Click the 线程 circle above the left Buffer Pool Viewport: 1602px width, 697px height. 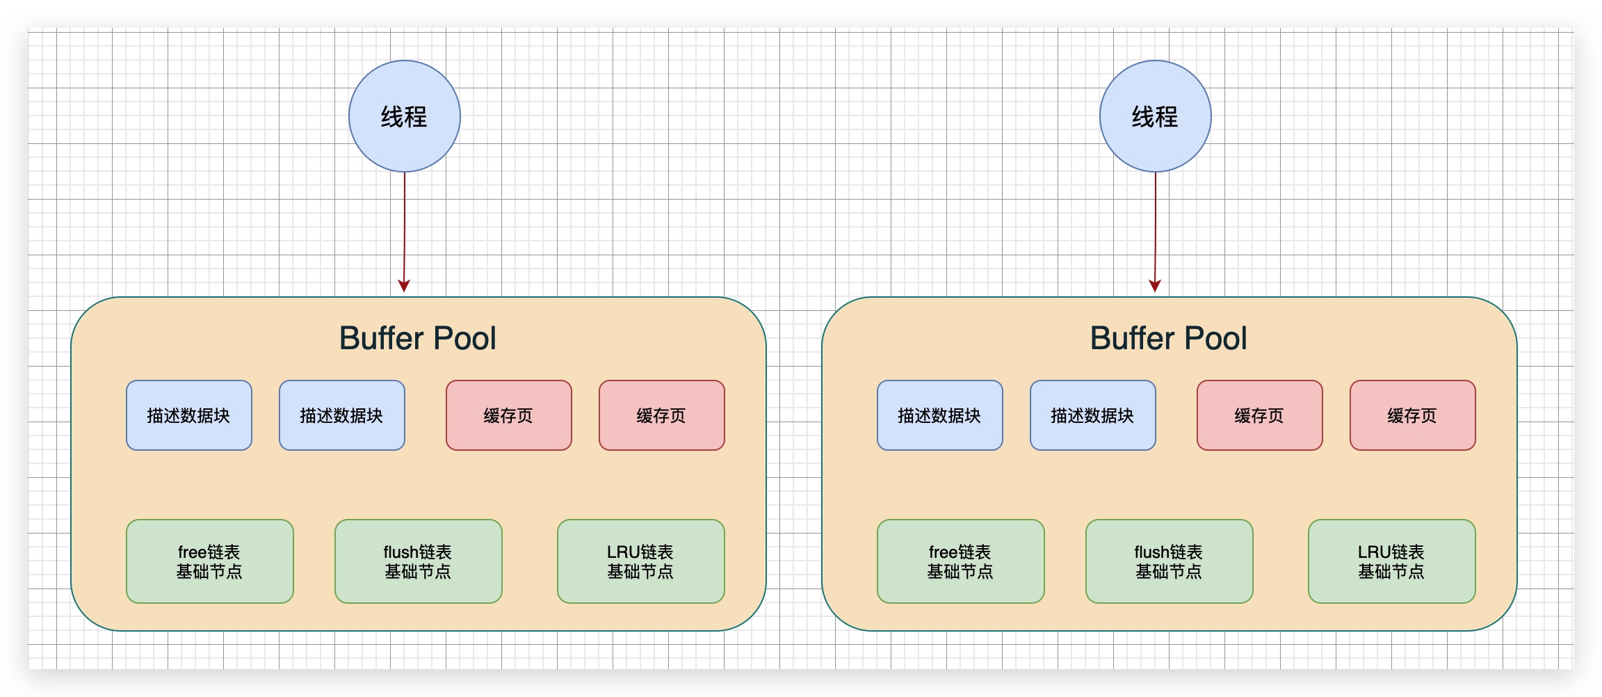click(x=404, y=116)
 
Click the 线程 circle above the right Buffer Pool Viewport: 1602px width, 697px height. click(x=1155, y=116)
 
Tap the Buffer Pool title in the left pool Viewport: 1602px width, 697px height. click(x=417, y=339)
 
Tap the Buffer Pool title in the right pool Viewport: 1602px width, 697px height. click(x=1168, y=339)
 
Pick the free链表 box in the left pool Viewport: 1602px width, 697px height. click(x=209, y=561)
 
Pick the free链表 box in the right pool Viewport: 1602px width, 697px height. click(x=960, y=561)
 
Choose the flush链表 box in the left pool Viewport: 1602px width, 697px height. click(x=418, y=561)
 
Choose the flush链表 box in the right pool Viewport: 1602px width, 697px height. click(x=1169, y=561)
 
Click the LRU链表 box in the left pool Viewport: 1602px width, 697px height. click(x=640, y=561)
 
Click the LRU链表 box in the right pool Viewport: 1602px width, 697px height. click(x=1391, y=561)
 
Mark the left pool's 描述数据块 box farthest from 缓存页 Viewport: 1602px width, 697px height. click(x=188, y=415)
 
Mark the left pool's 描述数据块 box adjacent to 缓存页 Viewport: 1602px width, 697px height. click(x=341, y=415)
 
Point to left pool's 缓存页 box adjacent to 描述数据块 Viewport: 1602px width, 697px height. click(x=508, y=415)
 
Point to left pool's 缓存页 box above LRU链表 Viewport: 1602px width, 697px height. click(x=661, y=415)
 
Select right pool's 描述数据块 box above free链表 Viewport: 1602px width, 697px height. click(x=939, y=415)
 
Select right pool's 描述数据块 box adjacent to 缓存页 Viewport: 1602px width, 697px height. click(x=1092, y=415)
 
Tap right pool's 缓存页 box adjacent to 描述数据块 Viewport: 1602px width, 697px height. click(x=1259, y=415)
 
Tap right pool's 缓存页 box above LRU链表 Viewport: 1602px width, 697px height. click(x=1412, y=415)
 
